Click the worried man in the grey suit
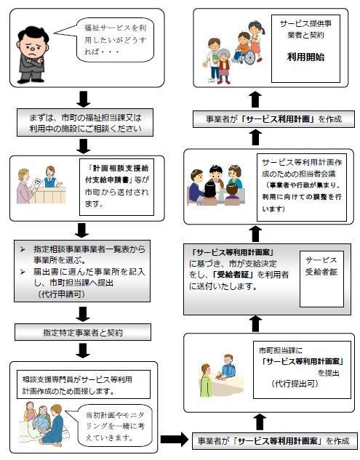32,55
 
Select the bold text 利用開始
305,57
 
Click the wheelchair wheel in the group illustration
249,57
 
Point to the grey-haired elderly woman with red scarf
223,65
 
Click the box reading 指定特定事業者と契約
83,332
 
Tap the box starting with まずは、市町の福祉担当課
85,123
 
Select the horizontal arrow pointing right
174,439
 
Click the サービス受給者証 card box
321,279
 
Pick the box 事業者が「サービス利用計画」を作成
273,119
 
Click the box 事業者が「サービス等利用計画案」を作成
275,441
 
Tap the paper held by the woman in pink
37,184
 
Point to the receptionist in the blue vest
51,177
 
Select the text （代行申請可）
61,294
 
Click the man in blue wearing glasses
228,366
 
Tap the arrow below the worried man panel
84,99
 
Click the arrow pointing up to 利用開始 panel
255,99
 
